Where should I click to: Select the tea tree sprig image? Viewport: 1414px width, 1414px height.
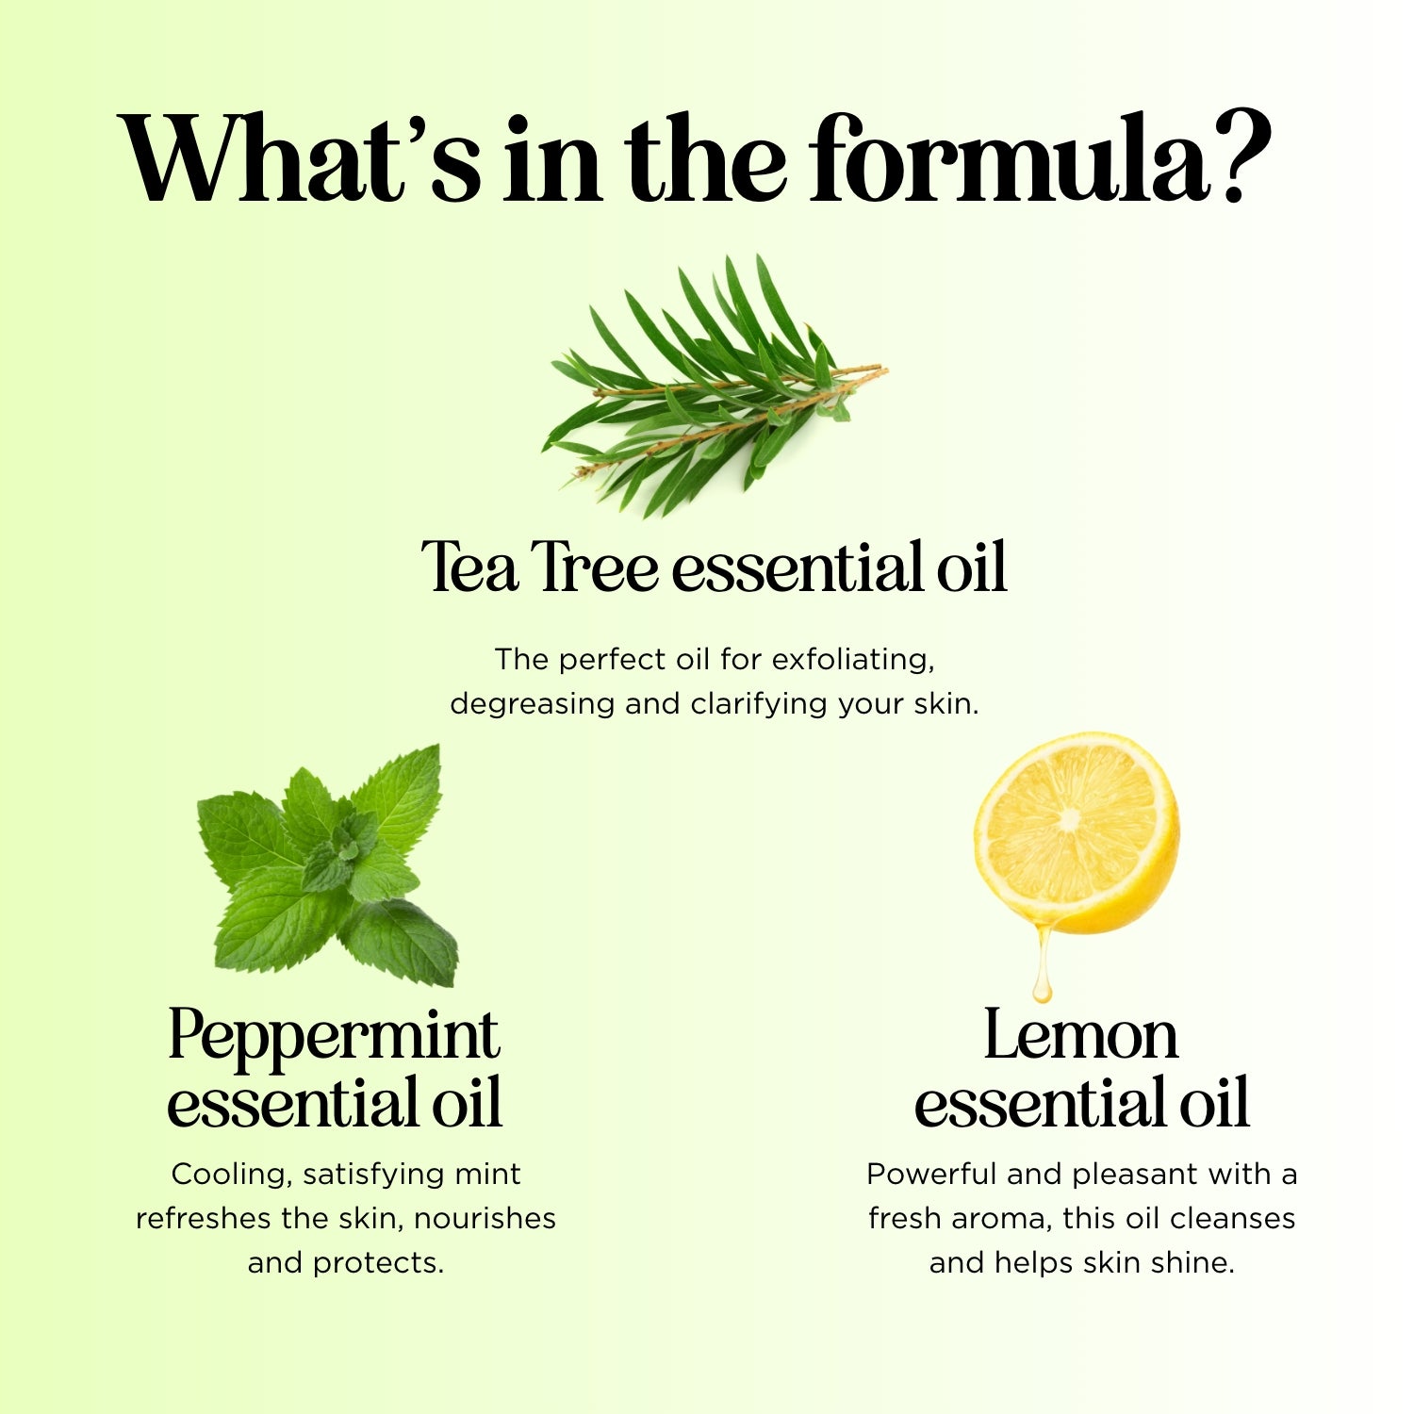(x=715, y=386)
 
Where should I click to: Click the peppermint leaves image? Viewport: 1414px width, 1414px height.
(x=327, y=865)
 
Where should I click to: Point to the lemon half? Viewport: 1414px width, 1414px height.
(x=1077, y=833)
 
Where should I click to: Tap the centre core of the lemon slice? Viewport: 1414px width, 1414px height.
(x=1069, y=819)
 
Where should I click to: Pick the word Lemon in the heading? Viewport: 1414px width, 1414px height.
(x=1080, y=1035)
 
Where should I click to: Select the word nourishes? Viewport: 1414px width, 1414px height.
(x=485, y=1218)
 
